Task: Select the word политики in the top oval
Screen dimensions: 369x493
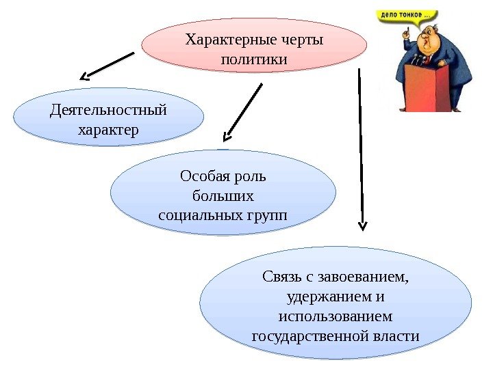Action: tap(254, 60)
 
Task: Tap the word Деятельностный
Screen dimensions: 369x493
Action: tap(109, 109)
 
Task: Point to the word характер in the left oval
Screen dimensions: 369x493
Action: tap(109, 129)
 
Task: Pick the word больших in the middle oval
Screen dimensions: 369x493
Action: tap(223, 197)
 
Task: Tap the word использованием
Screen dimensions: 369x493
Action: tap(336, 317)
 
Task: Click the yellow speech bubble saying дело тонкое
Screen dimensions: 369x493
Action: tap(407, 14)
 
